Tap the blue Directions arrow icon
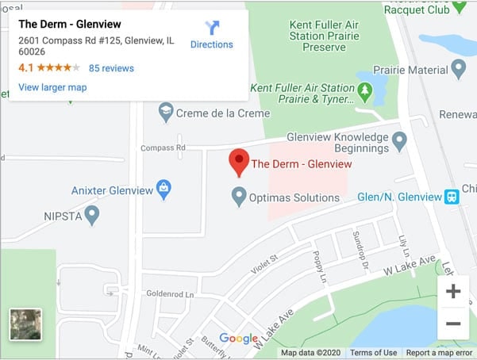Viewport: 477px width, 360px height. point(212,28)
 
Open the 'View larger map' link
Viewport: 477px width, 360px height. point(52,87)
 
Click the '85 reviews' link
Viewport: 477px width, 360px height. point(111,68)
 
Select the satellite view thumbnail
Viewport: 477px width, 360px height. point(25,324)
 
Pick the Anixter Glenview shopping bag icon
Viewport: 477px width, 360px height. point(163,189)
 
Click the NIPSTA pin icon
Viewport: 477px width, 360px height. point(92,213)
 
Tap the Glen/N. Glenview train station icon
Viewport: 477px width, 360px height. point(452,197)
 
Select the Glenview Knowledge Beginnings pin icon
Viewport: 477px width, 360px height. point(399,141)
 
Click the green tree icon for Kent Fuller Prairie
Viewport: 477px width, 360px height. point(364,92)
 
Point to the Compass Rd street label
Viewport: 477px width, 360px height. point(163,147)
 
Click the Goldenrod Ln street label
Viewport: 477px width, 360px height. point(170,293)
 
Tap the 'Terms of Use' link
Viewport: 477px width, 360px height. point(373,353)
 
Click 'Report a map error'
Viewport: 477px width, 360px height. point(440,353)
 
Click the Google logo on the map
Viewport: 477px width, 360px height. point(238,339)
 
